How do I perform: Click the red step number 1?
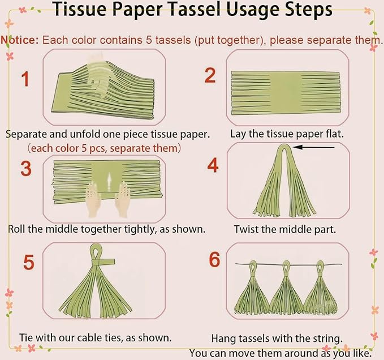click(x=25, y=79)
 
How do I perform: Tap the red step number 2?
click(x=210, y=75)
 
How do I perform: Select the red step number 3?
click(x=26, y=168)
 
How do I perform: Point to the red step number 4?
click(x=213, y=165)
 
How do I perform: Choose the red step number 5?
click(x=29, y=262)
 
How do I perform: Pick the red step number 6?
click(x=214, y=259)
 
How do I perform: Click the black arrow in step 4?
click(x=313, y=147)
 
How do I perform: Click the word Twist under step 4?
click(x=246, y=229)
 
